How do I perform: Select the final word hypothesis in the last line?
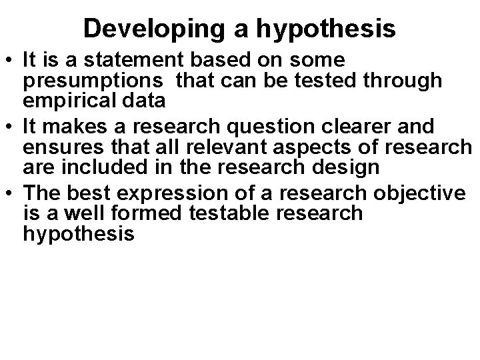pos(79,234)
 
